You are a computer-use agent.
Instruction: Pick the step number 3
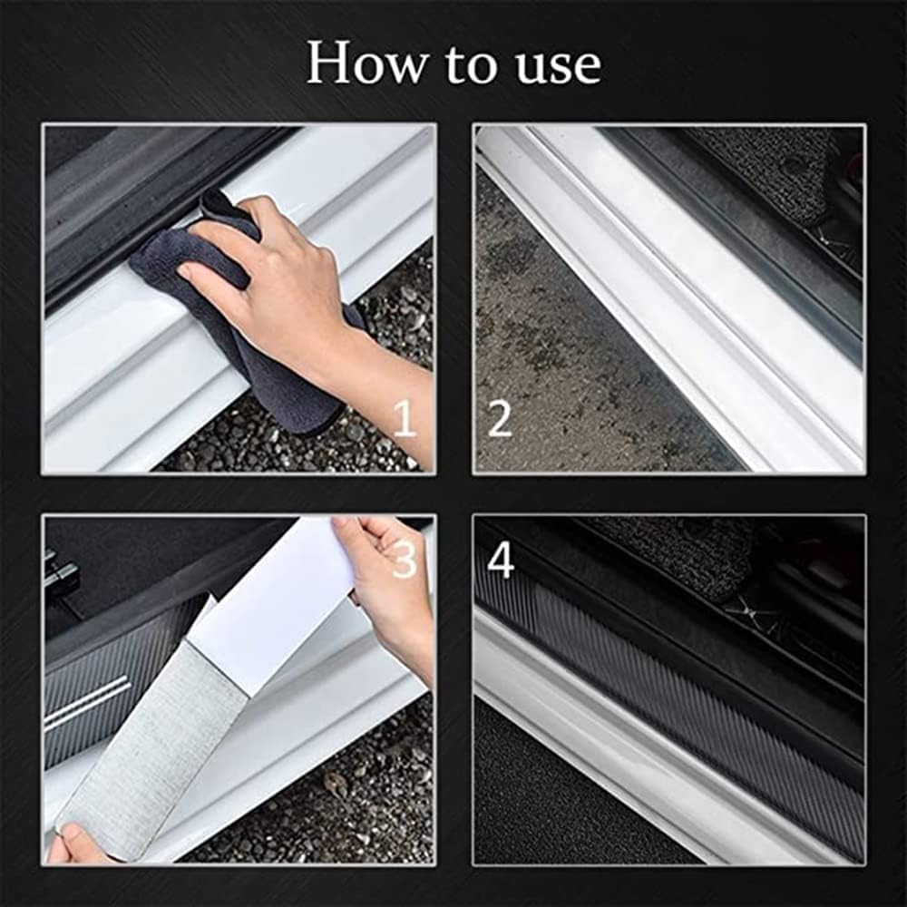(x=404, y=561)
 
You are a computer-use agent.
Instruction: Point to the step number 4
(x=500, y=561)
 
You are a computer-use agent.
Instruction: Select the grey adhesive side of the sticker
(x=154, y=744)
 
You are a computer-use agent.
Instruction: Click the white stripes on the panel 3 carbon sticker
(x=91, y=703)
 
